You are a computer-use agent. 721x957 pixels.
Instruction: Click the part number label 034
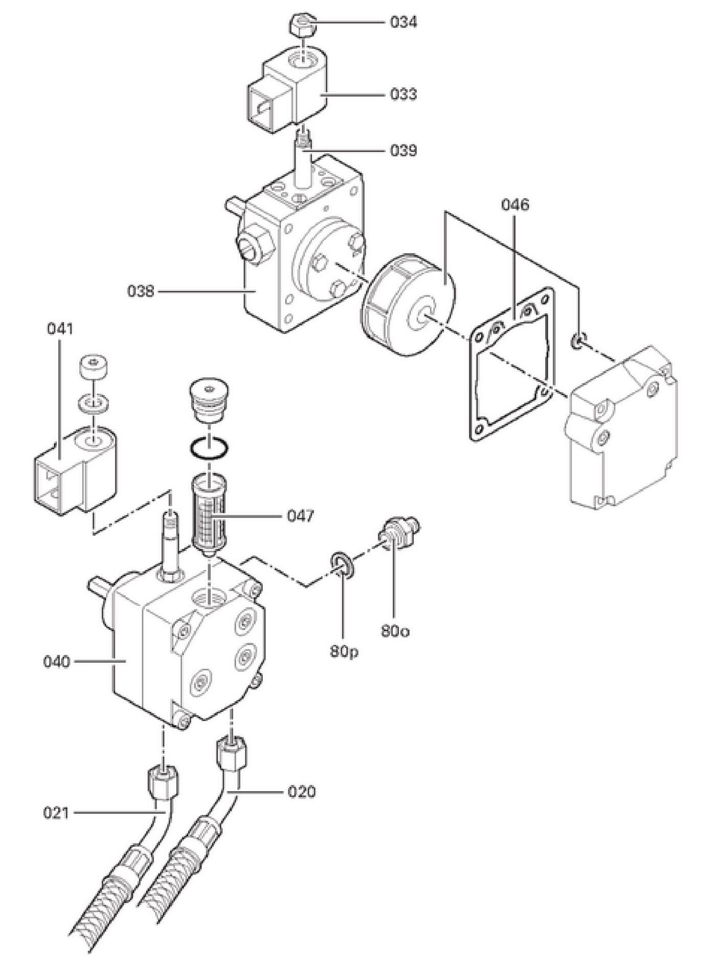[403, 22]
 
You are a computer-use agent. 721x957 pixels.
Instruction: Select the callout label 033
[403, 94]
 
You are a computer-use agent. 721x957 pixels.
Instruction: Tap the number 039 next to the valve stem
[403, 151]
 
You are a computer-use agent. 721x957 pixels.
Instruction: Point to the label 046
[515, 205]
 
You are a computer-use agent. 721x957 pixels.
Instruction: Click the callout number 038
[141, 291]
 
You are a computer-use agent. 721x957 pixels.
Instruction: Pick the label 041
[60, 328]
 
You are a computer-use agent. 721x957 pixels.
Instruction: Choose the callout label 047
[300, 516]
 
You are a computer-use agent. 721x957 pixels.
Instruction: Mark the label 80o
[395, 631]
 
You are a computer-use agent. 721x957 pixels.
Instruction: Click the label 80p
[344, 652]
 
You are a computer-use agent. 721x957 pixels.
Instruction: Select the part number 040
[56, 662]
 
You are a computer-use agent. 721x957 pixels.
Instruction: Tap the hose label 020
[302, 792]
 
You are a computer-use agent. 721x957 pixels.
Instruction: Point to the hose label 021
[56, 812]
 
